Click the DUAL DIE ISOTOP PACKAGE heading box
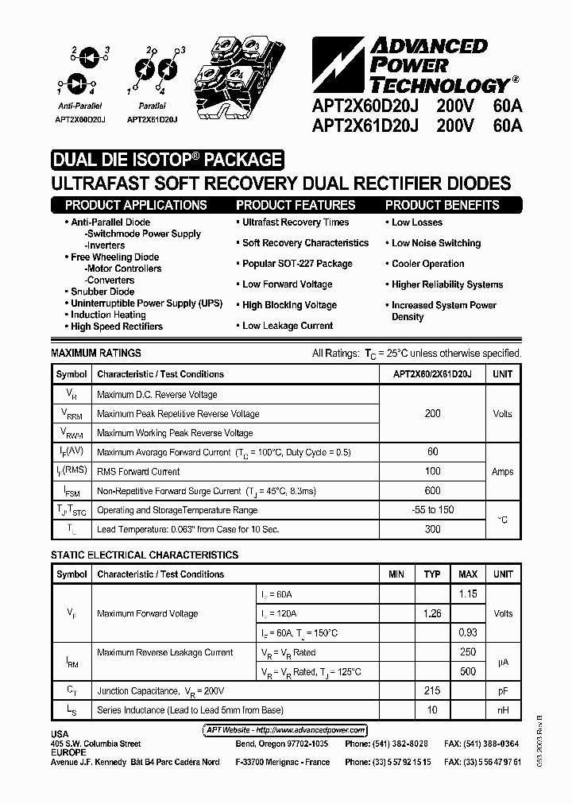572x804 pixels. (x=167, y=160)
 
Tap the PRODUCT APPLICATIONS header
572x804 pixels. (x=136, y=205)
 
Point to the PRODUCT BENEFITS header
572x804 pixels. (x=443, y=205)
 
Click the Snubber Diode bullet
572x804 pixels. (x=102, y=292)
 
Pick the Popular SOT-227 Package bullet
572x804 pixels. (x=296, y=264)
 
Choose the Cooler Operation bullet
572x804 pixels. (x=427, y=264)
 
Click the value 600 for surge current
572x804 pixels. (x=433, y=491)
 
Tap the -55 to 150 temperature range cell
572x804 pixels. (x=433, y=510)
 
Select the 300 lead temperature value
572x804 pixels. (x=433, y=529)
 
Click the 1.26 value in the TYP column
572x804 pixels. (x=432, y=613)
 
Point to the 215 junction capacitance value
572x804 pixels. (x=432, y=691)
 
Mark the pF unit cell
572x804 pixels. (x=503, y=691)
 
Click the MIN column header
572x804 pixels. (x=396, y=574)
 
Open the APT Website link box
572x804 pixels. (x=280, y=730)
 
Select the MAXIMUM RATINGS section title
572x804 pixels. (x=96, y=353)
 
